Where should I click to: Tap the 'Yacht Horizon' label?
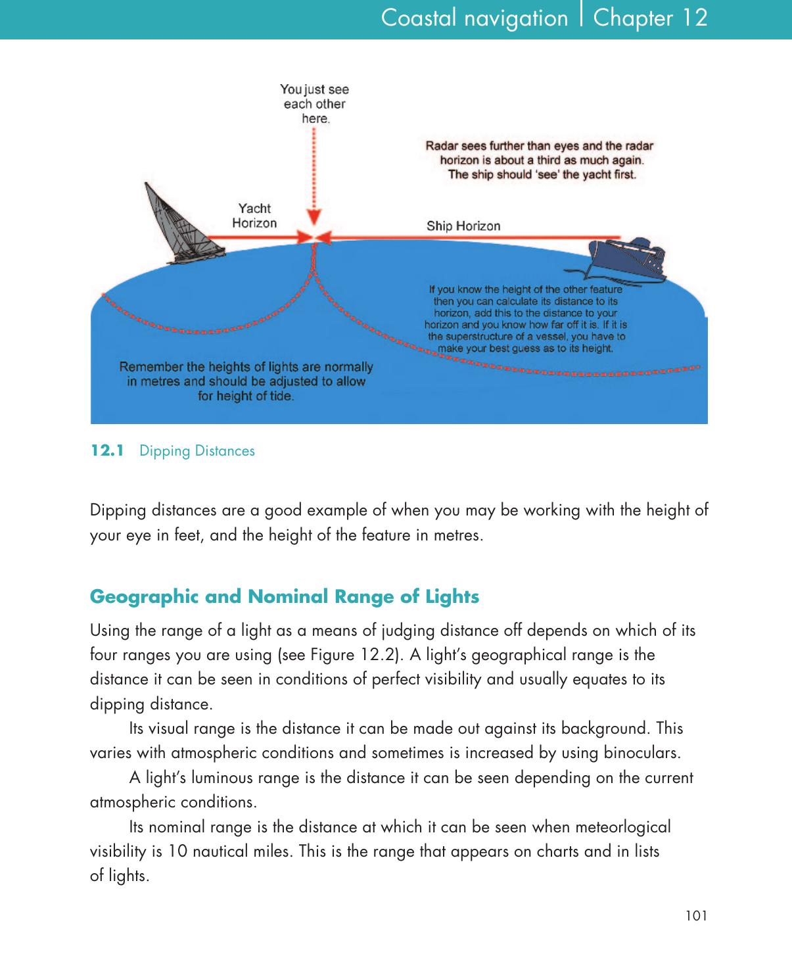tap(254, 216)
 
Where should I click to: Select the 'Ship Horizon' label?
tap(463, 226)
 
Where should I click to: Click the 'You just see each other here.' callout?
tap(315, 104)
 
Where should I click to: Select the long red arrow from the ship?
tap(473, 237)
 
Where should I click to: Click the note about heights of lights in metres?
tap(246, 381)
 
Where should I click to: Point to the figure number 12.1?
tap(107, 451)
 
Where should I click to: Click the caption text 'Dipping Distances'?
tap(197, 451)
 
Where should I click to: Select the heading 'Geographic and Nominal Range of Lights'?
tap(284, 597)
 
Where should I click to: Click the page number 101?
tap(696, 915)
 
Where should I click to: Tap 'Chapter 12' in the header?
tap(650, 18)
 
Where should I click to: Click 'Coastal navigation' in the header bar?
tap(475, 18)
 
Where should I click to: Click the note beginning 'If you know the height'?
tap(526, 319)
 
